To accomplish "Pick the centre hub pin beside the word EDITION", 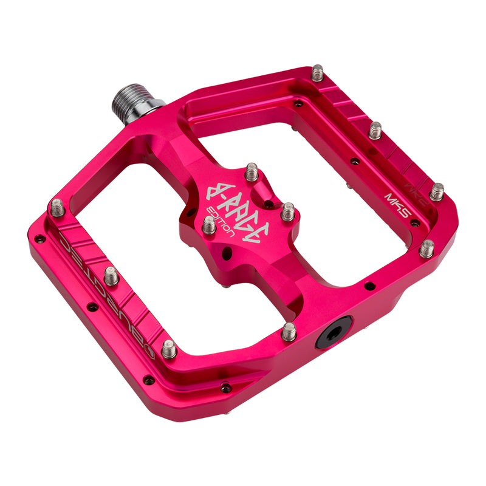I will coord(208,225).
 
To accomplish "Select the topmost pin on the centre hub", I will coord(252,173).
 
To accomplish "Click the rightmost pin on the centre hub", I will coord(288,211).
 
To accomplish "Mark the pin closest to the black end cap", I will coord(289,331).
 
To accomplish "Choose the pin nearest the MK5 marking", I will coord(437,191).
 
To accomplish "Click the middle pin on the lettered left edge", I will coord(111,276).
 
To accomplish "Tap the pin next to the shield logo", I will coord(169,349).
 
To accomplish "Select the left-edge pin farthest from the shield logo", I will coord(57,207).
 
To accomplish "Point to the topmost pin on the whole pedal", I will coord(318,73).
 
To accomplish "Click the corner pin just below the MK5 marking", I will coord(427,248).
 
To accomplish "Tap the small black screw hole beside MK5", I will coord(414,222).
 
